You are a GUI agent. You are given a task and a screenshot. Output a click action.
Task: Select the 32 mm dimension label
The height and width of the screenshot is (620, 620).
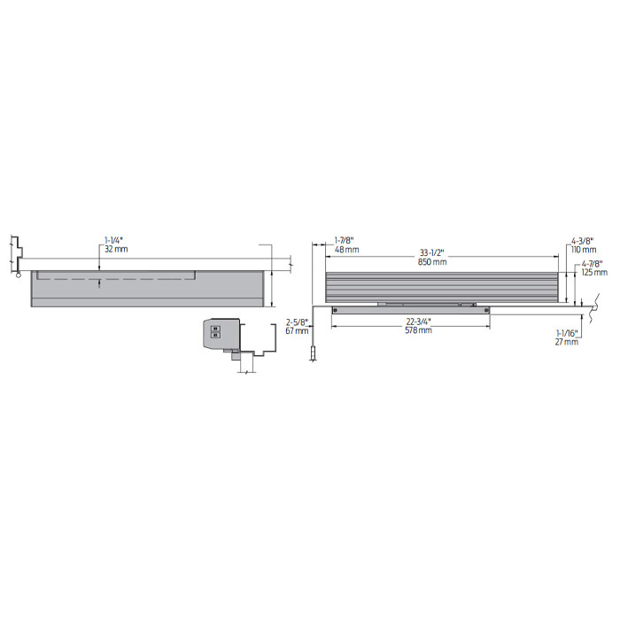tap(115, 250)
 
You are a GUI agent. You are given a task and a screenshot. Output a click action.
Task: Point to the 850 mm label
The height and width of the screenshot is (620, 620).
tap(432, 261)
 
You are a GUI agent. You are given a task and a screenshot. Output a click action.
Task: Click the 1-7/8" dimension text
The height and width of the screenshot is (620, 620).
tap(345, 240)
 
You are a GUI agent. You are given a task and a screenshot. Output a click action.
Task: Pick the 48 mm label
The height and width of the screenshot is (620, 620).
tap(346, 250)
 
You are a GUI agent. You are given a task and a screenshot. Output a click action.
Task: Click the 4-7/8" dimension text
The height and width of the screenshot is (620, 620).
tap(593, 263)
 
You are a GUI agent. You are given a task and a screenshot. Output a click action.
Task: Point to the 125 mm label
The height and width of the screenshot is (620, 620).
tap(594, 273)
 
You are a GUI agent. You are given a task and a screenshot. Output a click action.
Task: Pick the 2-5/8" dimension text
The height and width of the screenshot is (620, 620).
tap(297, 322)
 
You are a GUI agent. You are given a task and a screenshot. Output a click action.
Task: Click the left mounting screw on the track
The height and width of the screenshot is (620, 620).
tap(337, 309)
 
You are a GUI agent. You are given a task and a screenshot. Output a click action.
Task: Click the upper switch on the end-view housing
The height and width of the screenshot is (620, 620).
tap(214, 326)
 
